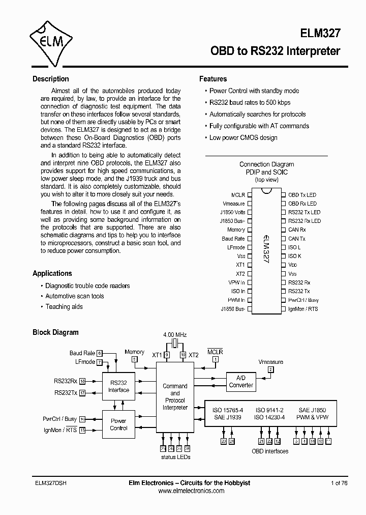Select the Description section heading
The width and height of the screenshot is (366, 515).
pyautogui.click(x=51, y=79)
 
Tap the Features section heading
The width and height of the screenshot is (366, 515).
pyautogui.click(x=213, y=79)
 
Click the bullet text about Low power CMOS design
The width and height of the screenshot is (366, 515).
pyautogui.click(x=243, y=138)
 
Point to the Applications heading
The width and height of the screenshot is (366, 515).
pyautogui.click(x=52, y=273)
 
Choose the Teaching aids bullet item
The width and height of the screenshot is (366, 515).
pyautogui.click(x=64, y=307)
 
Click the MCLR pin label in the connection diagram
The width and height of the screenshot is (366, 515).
pyautogui.click(x=238, y=195)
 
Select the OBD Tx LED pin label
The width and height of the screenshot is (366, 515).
pyautogui.click(x=302, y=195)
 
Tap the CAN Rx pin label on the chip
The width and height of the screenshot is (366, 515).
pyautogui.click(x=297, y=230)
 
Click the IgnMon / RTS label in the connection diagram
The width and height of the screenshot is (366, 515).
pyautogui.click(x=303, y=309)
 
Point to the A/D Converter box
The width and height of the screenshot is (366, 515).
pyautogui.click(x=241, y=382)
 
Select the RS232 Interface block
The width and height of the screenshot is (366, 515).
pyautogui.click(x=118, y=386)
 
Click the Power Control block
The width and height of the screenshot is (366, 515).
pyautogui.click(x=118, y=424)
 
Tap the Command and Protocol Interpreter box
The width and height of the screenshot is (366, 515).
pyautogui.click(x=175, y=396)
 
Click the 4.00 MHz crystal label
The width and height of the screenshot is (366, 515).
pyautogui.click(x=175, y=335)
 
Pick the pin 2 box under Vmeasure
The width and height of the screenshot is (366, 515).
pyautogui.click(x=271, y=369)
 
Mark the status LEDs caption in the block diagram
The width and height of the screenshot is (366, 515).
pyautogui.click(x=175, y=457)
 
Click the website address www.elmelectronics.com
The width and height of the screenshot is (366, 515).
pyautogui.click(x=191, y=491)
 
